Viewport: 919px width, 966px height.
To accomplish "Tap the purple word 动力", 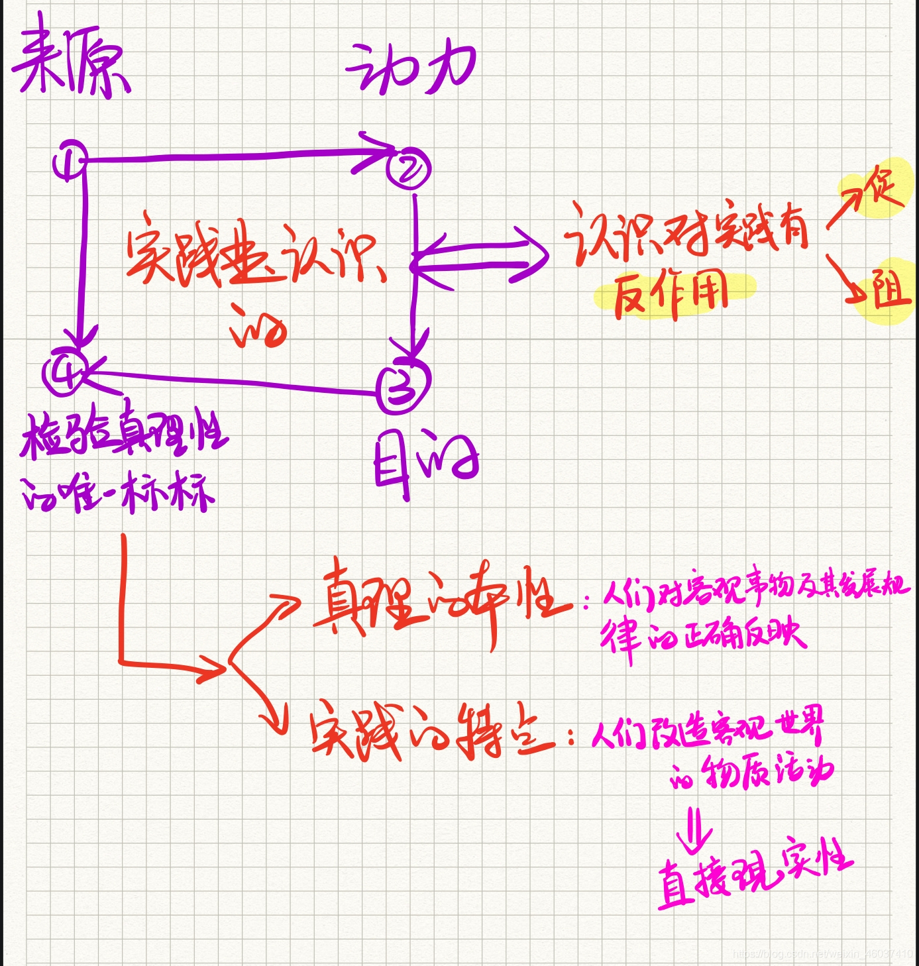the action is click(x=411, y=68).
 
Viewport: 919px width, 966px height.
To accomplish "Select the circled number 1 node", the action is click(x=70, y=160).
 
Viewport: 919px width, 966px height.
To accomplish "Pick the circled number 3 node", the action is click(x=403, y=386).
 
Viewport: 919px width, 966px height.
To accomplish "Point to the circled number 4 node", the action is click(x=65, y=372).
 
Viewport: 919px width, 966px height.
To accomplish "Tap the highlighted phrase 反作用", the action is click(x=671, y=296).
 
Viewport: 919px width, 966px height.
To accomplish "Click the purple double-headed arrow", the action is click(x=480, y=258).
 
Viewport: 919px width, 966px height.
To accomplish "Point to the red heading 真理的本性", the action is click(x=441, y=602).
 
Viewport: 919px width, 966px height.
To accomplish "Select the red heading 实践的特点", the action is click(x=431, y=732).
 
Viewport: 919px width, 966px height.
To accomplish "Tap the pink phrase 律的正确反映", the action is click(x=702, y=636).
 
